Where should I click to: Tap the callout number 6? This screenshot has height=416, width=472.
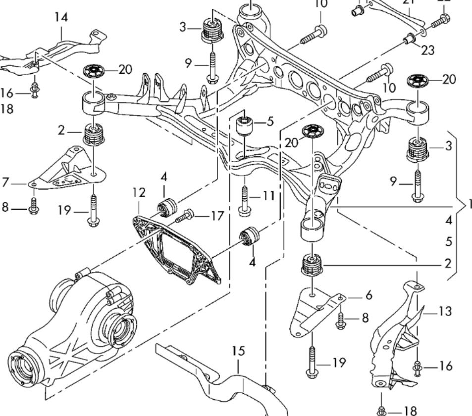tap(368, 295)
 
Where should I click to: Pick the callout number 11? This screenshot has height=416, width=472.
tap(268, 196)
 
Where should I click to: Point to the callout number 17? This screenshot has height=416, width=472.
tap(216, 216)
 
